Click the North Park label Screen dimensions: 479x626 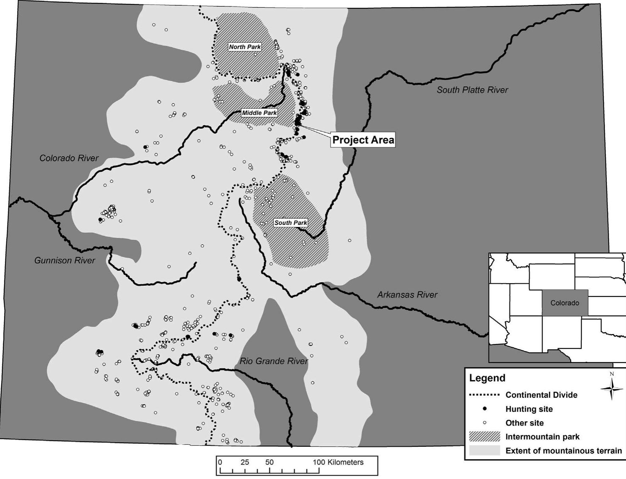[x=245, y=47]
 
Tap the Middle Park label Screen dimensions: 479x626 [x=259, y=113]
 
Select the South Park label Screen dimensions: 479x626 [x=291, y=223]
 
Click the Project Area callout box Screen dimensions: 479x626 [x=363, y=140]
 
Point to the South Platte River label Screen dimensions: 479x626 [x=472, y=90]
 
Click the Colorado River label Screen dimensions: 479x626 [x=69, y=158]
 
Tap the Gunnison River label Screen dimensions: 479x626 [x=64, y=261]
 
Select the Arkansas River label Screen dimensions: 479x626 [x=407, y=294]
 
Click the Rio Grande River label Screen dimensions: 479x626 [x=274, y=361]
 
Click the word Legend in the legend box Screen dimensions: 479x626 [x=487, y=378]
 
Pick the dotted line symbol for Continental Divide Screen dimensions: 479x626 [x=484, y=395]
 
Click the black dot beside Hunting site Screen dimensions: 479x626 [x=485, y=409]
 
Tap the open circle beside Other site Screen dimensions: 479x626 [x=485, y=423]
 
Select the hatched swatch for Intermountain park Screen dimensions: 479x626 [x=484, y=437]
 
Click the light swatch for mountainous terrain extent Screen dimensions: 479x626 [x=484, y=450]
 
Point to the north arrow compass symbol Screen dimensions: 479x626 [x=611, y=389]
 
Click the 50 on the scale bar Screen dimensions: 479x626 [x=269, y=462]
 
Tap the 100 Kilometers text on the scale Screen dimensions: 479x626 [x=338, y=462]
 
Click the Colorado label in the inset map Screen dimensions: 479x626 [x=565, y=303]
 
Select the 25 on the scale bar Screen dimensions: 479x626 [x=245, y=462]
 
